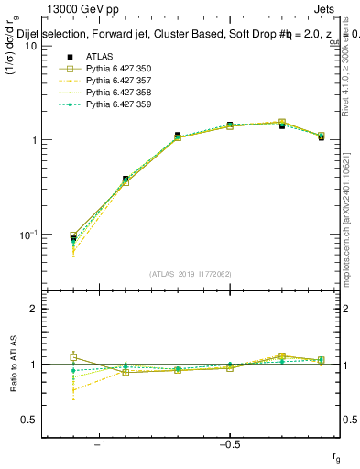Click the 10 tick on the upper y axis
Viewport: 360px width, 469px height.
[x=29, y=46]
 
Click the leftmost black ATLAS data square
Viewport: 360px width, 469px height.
[x=73, y=239]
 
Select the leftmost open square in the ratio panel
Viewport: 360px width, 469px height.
[x=73, y=357]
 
